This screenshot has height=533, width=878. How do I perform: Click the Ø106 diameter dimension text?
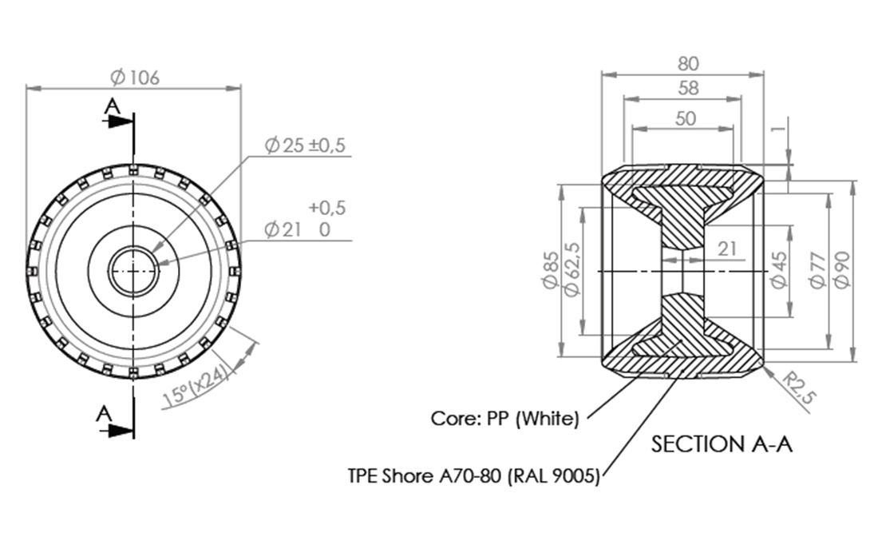[x=134, y=77]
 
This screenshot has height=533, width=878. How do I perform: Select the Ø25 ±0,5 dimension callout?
[x=305, y=145]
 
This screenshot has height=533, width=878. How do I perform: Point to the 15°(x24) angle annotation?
[x=196, y=386]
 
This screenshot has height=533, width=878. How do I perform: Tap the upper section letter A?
[x=113, y=106]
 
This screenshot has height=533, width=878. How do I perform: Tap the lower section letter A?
[x=104, y=414]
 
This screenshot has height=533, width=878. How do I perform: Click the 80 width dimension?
[x=688, y=64]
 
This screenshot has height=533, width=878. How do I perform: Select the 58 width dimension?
[x=688, y=89]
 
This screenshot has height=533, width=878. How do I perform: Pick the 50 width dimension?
[x=686, y=119]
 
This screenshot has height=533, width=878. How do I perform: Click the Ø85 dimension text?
[x=551, y=269]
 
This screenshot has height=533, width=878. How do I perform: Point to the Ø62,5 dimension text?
[x=571, y=269]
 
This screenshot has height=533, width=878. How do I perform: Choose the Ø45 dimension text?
[x=779, y=270]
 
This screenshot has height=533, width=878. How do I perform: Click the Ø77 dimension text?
[x=818, y=270]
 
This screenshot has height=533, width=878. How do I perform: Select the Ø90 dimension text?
[x=841, y=270]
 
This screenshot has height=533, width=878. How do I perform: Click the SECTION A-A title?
[x=722, y=444]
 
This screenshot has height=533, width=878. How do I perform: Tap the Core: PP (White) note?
[x=504, y=419]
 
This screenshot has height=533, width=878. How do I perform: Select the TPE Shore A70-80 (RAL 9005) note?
[x=473, y=476]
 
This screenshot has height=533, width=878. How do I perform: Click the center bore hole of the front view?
[x=133, y=271]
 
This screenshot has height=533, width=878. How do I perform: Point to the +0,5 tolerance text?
[x=327, y=208]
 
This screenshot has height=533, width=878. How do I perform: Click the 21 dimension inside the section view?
[x=727, y=249]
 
